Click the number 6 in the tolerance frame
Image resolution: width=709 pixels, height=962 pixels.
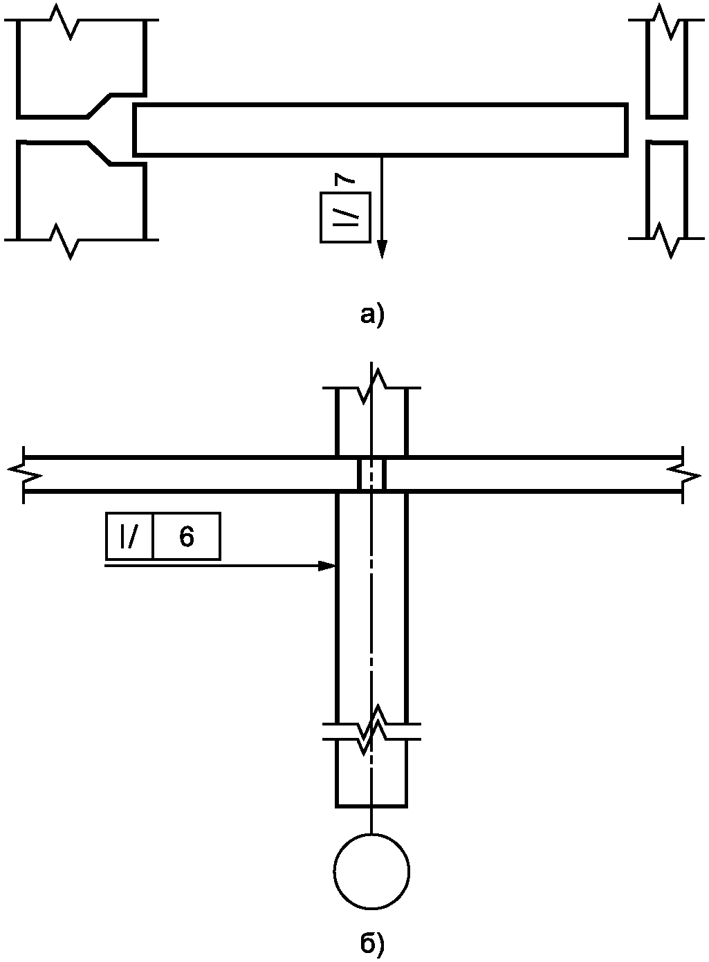point(187,537)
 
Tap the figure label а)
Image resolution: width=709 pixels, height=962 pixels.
point(372,315)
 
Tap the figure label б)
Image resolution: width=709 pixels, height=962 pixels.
point(372,943)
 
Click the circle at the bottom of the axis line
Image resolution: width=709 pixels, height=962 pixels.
point(371,871)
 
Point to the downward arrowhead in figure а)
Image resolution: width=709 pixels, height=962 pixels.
point(381,249)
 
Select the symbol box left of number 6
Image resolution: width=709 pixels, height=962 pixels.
point(129,537)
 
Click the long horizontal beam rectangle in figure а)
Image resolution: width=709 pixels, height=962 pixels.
point(380,129)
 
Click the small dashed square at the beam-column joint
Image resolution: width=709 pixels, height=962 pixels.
point(371,474)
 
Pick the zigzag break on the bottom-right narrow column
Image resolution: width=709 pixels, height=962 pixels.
point(667,239)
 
